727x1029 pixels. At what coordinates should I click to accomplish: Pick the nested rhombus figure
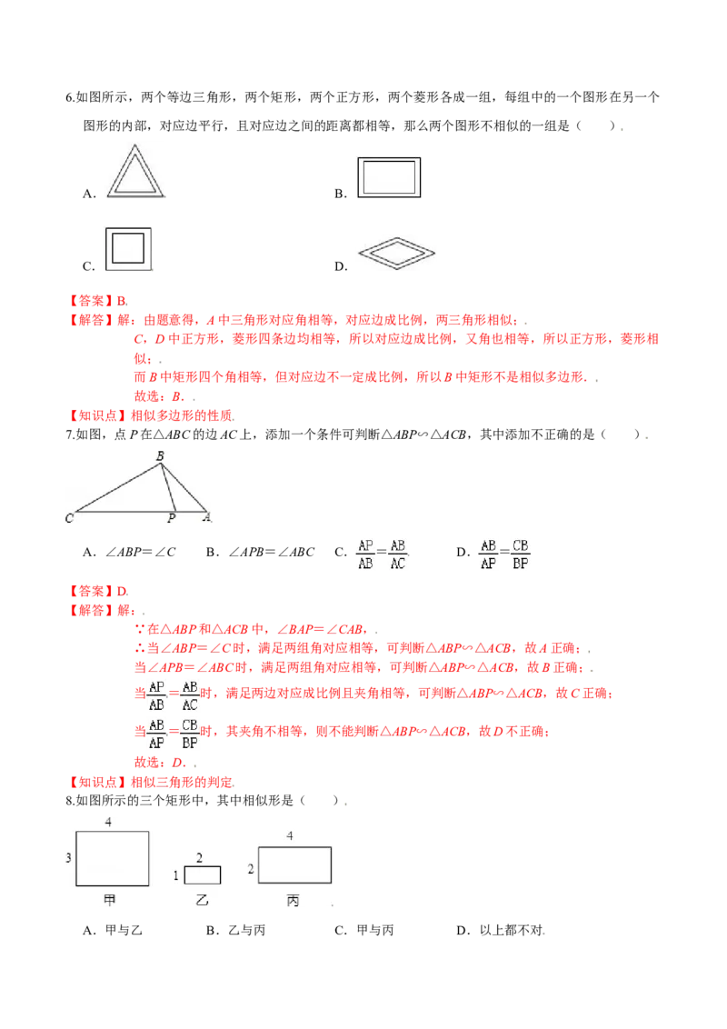[x=397, y=254]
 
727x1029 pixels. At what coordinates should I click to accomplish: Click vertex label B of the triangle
[x=160, y=456]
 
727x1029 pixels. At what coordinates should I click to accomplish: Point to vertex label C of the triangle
[x=69, y=518]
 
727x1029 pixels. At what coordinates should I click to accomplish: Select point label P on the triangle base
[x=170, y=519]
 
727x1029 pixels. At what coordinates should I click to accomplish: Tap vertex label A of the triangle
[x=206, y=518]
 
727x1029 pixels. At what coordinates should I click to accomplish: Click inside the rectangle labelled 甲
[x=112, y=857]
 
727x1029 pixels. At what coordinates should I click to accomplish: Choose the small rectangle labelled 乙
[x=202, y=875]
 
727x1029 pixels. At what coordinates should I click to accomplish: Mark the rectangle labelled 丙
[x=294, y=864]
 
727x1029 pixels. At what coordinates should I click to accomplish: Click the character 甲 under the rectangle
[x=110, y=900]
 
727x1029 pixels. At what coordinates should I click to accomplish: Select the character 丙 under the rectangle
[x=293, y=901]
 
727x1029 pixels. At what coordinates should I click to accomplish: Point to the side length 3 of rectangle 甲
[x=68, y=857]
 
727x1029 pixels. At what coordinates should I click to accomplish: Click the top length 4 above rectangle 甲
[x=108, y=822]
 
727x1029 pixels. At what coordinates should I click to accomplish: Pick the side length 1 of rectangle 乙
[x=176, y=875]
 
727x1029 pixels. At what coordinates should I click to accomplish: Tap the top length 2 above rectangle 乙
[x=199, y=857]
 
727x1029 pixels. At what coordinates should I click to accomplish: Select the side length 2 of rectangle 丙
[x=251, y=869]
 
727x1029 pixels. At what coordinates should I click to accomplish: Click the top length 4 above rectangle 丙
[x=290, y=835]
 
